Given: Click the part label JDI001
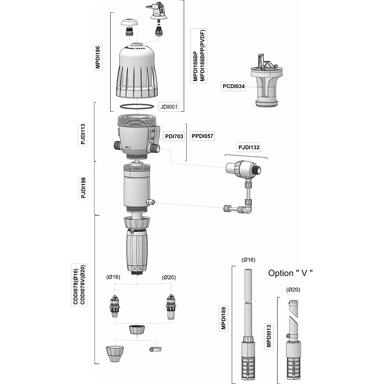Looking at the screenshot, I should pyautogui.click(x=169, y=106).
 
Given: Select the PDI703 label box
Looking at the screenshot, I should pyautogui.click(x=174, y=136).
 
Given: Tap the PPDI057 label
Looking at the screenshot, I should pyautogui.click(x=202, y=136).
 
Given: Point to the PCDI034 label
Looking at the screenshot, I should pyautogui.click(x=234, y=86).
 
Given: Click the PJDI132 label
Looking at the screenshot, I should pyautogui.click(x=249, y=147).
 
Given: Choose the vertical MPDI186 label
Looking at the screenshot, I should pyautogui.click(x=97, y=57).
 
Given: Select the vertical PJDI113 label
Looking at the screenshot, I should pyautogui.click(x=83, y=134).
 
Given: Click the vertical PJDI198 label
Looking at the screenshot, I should pyautogui.click(x=83, y=188).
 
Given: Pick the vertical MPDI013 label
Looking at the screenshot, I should pyautogui.click(x=268, y=336).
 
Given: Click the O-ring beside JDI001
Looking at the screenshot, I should pyautogui.click(x=138, y=106).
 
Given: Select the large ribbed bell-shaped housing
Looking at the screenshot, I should pyautogui.click(x=138, y=73).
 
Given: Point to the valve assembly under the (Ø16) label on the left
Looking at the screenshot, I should pyautogui.click(x=114, y=306).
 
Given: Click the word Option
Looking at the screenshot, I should pyautogui.click(x=281, y=273).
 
